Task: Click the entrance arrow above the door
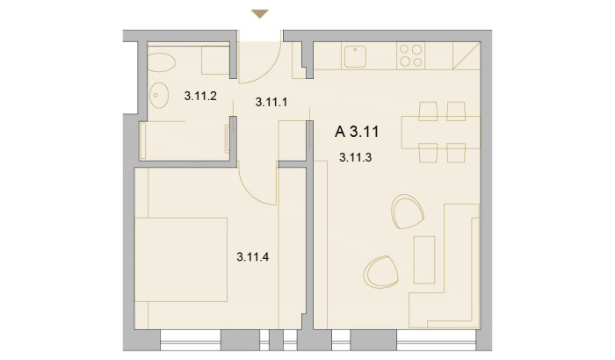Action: click(260, 14)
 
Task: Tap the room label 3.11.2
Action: click(200, 96)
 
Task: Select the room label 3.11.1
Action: click(271, 102)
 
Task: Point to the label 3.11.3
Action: click(355, 158)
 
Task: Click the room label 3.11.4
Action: click(253, 257)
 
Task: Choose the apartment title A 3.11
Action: click(357, 132)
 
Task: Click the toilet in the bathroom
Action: click(161, 62)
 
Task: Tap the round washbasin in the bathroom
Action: click(159, 95)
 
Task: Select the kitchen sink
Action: click(355, 56)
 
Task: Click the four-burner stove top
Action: click(410, 55)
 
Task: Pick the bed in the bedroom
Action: click(181, 260)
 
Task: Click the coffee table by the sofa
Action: click(424, 260)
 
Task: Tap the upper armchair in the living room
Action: click(408, 212)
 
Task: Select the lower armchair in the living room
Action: click(380, 272)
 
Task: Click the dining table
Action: click(440, 133)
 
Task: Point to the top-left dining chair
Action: click(428, 111)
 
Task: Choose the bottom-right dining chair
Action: click(456, 153)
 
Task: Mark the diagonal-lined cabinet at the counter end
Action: click(467, 55)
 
